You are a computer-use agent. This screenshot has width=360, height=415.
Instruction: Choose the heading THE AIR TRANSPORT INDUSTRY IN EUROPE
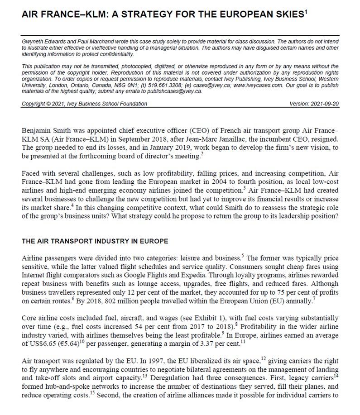tap(95, 241)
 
